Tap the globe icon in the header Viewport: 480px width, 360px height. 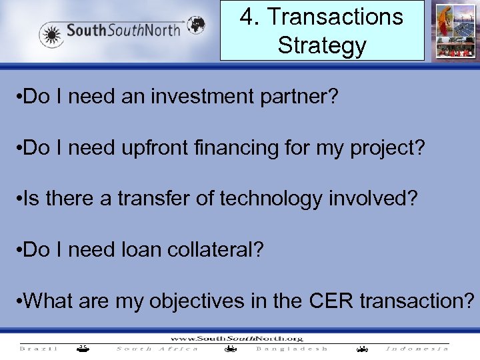(196, 25)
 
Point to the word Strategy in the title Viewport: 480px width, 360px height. (322, 45)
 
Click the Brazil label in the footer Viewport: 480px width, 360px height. (39, 348)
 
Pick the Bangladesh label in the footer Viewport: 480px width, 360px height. (292, 348)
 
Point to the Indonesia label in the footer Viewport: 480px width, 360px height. (417, 348)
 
